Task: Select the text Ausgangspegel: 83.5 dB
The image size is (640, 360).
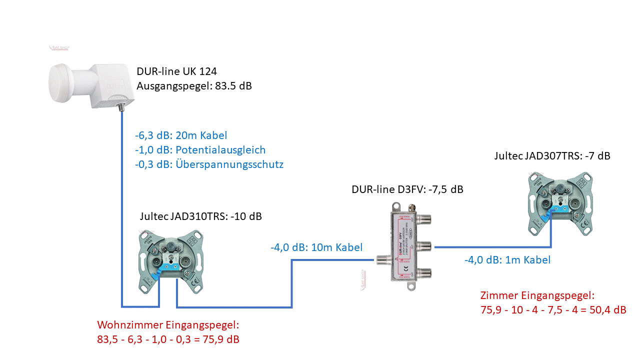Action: (194, 85)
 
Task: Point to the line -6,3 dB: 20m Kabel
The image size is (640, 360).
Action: (180, 135)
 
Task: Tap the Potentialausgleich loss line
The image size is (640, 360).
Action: (200, 149)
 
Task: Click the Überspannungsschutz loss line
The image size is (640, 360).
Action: (209, 164)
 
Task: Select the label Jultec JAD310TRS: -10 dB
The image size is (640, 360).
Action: (201, 216)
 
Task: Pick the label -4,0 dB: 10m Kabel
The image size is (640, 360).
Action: (316, 247)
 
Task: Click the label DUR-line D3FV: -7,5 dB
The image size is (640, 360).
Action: (407, 189)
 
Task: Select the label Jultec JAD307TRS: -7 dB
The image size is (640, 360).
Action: (552, 155)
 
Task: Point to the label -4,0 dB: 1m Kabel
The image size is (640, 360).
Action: (507, 260)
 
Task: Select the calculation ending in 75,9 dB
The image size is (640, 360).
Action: (168, 340)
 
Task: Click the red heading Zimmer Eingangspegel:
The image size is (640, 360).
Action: (537, 295)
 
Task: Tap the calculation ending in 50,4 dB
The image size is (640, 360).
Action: (552, 310)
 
